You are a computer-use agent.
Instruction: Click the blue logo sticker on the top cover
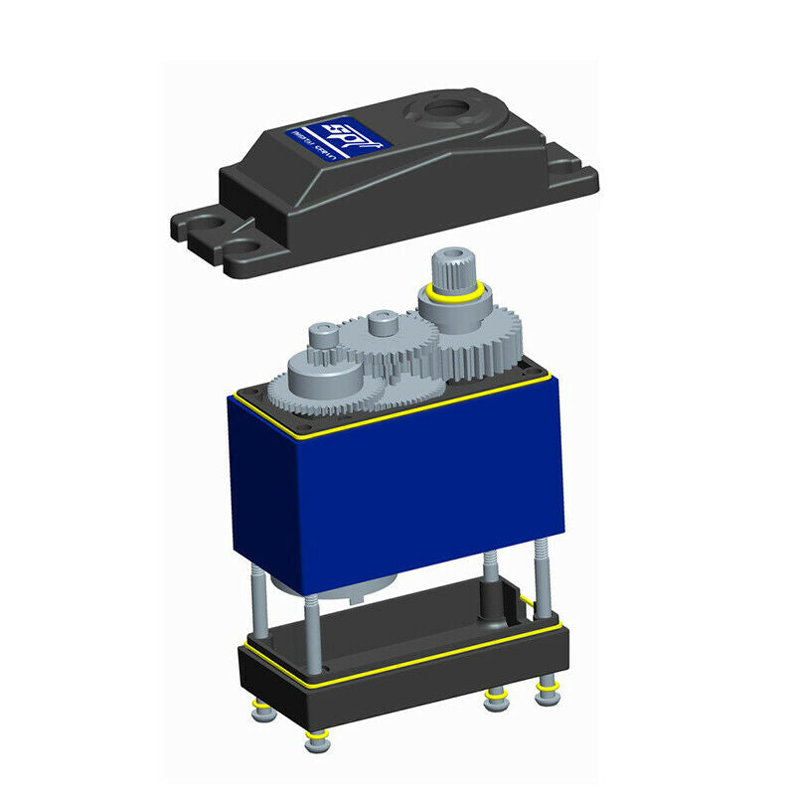point(338,138)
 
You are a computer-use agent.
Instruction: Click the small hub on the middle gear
point(382,324)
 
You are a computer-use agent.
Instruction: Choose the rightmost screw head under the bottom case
point(546,691)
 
